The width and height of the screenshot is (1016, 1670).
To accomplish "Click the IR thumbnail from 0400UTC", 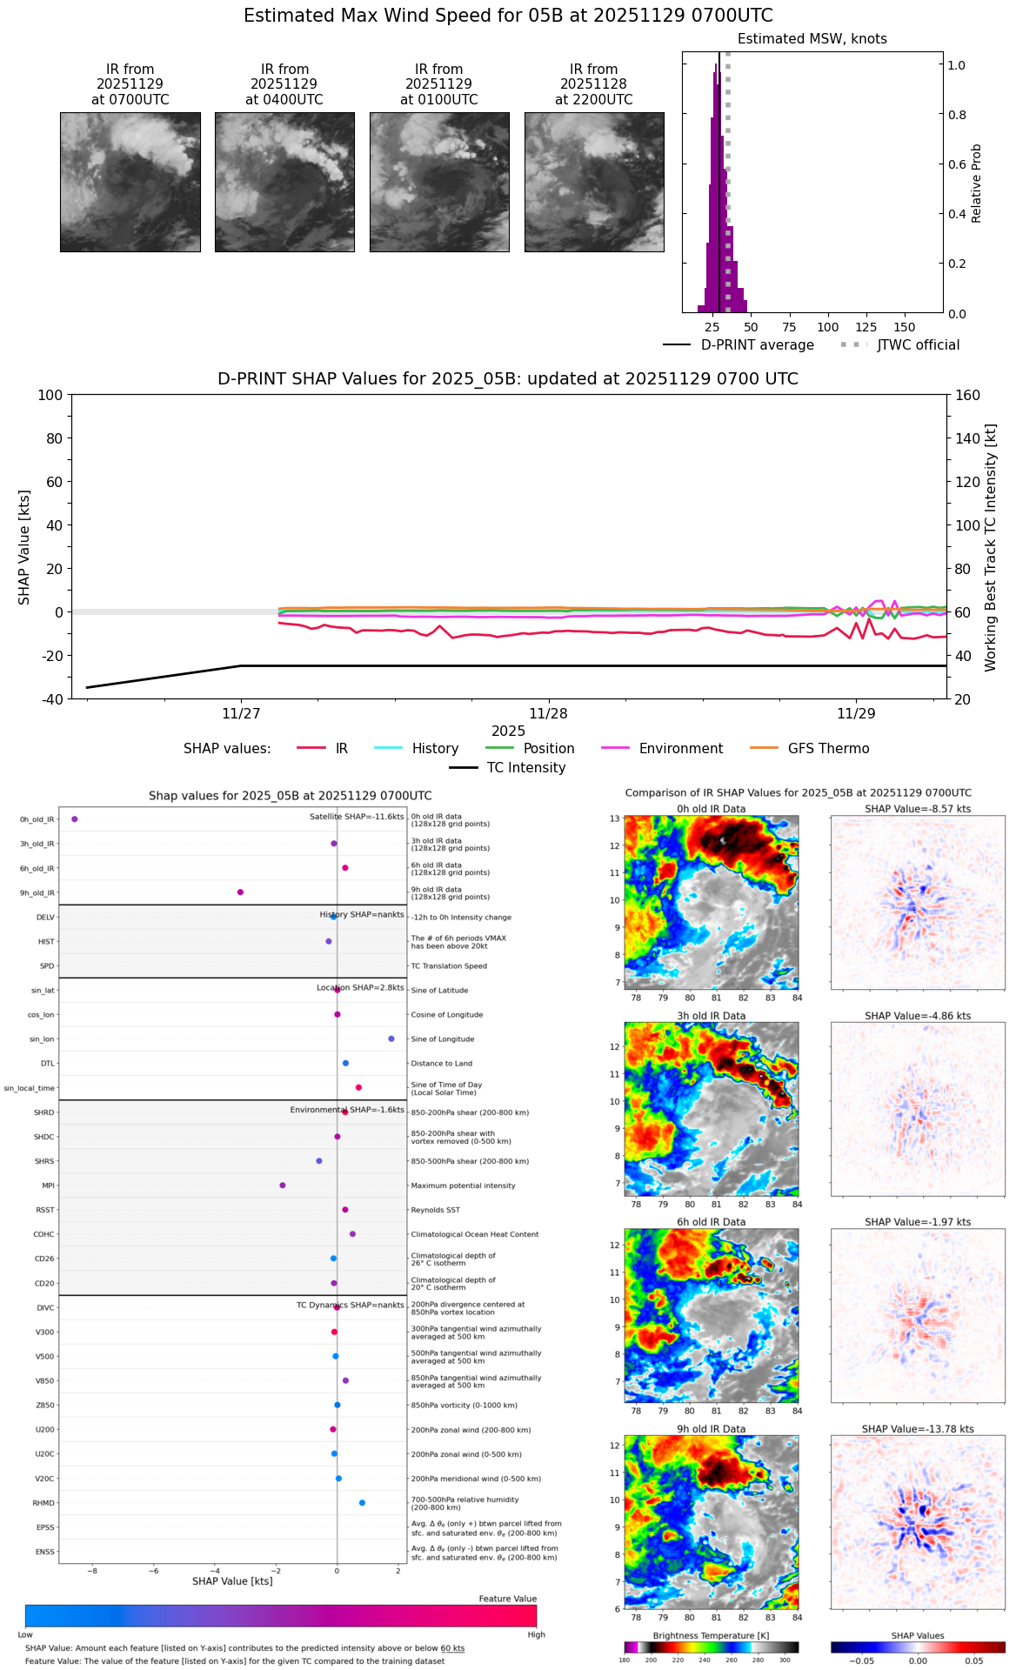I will (284, 182).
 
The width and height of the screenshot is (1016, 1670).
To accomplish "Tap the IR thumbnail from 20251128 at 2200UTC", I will (594, 182).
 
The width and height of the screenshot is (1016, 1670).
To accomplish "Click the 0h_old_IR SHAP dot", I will (75, 818).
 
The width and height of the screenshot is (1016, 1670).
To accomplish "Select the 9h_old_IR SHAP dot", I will (240, 892).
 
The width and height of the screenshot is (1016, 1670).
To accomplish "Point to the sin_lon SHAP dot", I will (391, 1039).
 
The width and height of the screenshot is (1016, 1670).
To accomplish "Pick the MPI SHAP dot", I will (283, 1185).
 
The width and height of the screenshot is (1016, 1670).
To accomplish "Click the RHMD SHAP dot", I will (362, 1502).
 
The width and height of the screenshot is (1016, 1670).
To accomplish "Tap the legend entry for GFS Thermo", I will (828, 748).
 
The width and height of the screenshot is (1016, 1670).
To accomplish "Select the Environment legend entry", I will (680, 748).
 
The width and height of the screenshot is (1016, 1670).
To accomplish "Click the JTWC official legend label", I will (918, 344).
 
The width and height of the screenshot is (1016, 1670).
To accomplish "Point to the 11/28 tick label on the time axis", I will (548, 713).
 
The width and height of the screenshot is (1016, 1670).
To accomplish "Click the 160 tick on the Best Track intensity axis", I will (967, 395).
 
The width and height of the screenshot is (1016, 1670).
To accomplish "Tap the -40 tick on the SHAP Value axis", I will (51, 698).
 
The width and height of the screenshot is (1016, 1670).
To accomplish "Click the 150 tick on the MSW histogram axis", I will (905, 327).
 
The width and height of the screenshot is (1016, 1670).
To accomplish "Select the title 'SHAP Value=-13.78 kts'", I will (918, 1428).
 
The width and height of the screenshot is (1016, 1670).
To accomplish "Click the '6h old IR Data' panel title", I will (711, 1221).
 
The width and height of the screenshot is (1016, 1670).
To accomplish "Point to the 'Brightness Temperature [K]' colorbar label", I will (711, 1635).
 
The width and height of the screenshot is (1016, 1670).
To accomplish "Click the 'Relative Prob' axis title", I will (976, 183).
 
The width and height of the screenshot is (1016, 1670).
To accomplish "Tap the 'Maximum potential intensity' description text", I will (463, 1186).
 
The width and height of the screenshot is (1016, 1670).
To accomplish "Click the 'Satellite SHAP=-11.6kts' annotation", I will (357, 817).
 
